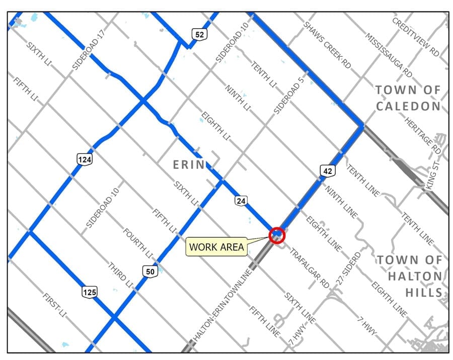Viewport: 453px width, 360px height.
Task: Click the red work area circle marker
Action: tap(277, 235)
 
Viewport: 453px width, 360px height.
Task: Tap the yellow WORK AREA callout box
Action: tap(216, 247)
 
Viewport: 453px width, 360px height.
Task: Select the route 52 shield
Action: tap(199, 34)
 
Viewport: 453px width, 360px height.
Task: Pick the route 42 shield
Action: tap(327, 171)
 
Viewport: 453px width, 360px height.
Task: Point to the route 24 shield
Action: tap(241, 201)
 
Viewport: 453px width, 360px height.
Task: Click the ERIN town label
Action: tap(189, 164)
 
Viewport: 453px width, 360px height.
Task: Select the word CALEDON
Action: tap(408, 106)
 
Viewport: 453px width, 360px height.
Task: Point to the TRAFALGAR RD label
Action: tap(309, 268)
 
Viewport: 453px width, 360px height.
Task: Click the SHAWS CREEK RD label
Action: tap(327, 44)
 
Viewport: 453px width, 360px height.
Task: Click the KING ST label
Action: tap(432, 175)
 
